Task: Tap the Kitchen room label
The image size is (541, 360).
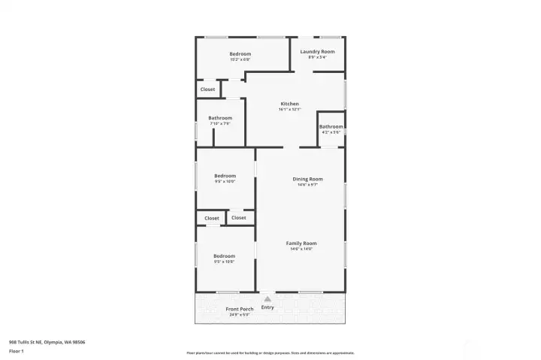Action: tap(290, 104)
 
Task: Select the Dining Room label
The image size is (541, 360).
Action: tap(307, 179)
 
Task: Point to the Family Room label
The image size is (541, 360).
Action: tap(301, 244)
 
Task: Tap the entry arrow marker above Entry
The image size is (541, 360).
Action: tap(267, 299)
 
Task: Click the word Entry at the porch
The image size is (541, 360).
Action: tap(267, 307)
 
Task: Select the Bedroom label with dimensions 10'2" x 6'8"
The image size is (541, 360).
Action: tap(240, 53)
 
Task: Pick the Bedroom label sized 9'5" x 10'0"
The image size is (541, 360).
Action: tap(225, 176)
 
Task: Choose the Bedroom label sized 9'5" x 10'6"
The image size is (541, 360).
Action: tap(224, 256)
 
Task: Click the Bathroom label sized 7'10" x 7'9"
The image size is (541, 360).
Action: tap(220, 118)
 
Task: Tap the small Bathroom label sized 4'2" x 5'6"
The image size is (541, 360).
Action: tap(331, 126)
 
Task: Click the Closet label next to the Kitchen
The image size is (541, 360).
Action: tap(207, 89)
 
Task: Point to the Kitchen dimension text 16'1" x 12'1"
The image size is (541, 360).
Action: tap(290, 110)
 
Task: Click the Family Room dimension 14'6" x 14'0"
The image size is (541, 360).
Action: tap(301, 249)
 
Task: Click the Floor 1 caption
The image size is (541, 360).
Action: tap(16, 351)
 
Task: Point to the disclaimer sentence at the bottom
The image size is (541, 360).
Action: tap(270, 353)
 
